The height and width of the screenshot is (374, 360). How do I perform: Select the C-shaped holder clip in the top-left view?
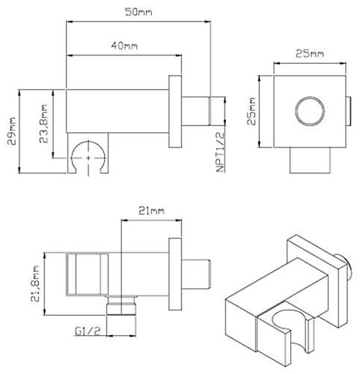tap(89, 159)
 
